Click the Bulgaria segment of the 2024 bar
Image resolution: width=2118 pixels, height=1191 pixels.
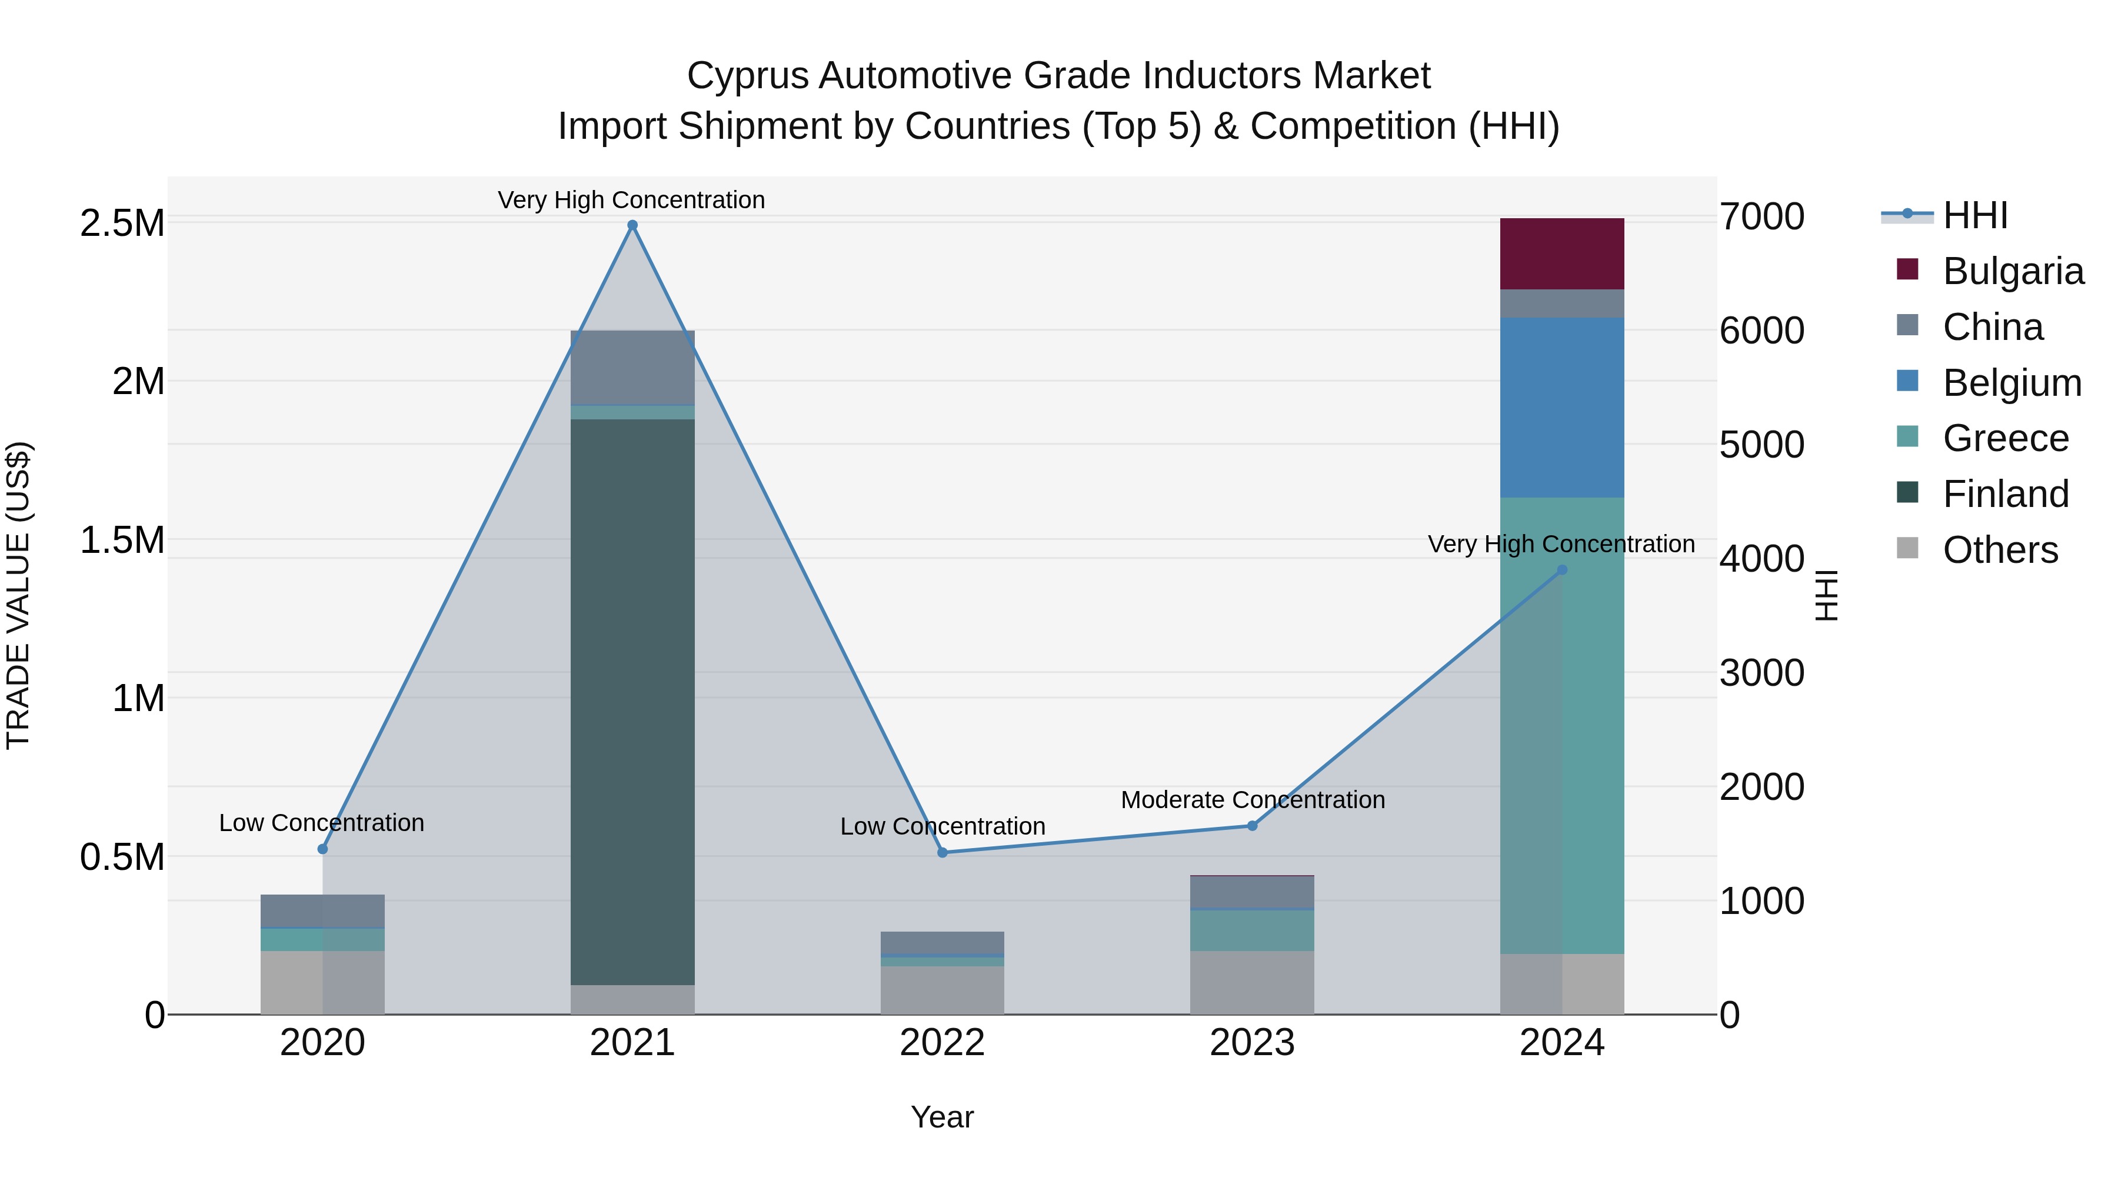1561,253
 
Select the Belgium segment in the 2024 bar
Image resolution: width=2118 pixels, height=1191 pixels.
1561,407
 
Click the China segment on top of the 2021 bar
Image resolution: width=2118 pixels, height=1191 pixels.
632,366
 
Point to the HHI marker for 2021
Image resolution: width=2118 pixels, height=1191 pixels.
632,225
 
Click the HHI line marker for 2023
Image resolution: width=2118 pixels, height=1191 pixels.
1252,825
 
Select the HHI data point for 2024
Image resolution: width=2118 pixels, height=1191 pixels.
1561,569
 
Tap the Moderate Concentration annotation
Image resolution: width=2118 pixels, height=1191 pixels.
1252,800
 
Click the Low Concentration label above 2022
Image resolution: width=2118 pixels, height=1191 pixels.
943,826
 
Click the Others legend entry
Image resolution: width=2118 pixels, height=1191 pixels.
2000,550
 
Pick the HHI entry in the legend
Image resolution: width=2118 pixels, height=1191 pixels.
1975,215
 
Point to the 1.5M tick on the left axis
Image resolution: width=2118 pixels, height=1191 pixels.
122,540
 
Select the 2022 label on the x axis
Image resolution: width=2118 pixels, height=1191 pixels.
943,1043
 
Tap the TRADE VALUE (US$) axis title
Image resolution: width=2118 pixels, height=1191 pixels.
18,595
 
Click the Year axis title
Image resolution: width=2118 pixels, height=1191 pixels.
943,1117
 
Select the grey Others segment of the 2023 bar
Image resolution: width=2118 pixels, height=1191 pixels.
1252,982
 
